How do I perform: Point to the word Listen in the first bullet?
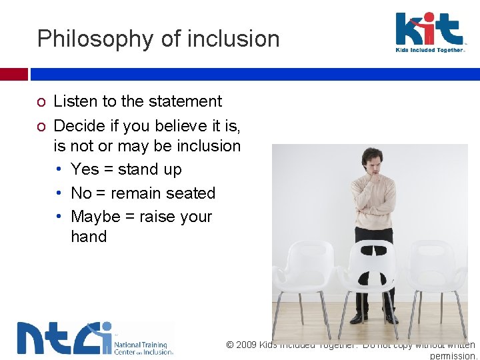pyautogui.click(x=75, y=101)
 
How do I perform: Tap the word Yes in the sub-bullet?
pyautogui.click(x=85, y=169)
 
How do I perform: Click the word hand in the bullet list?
pyautogui.click(x=89, y=237)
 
